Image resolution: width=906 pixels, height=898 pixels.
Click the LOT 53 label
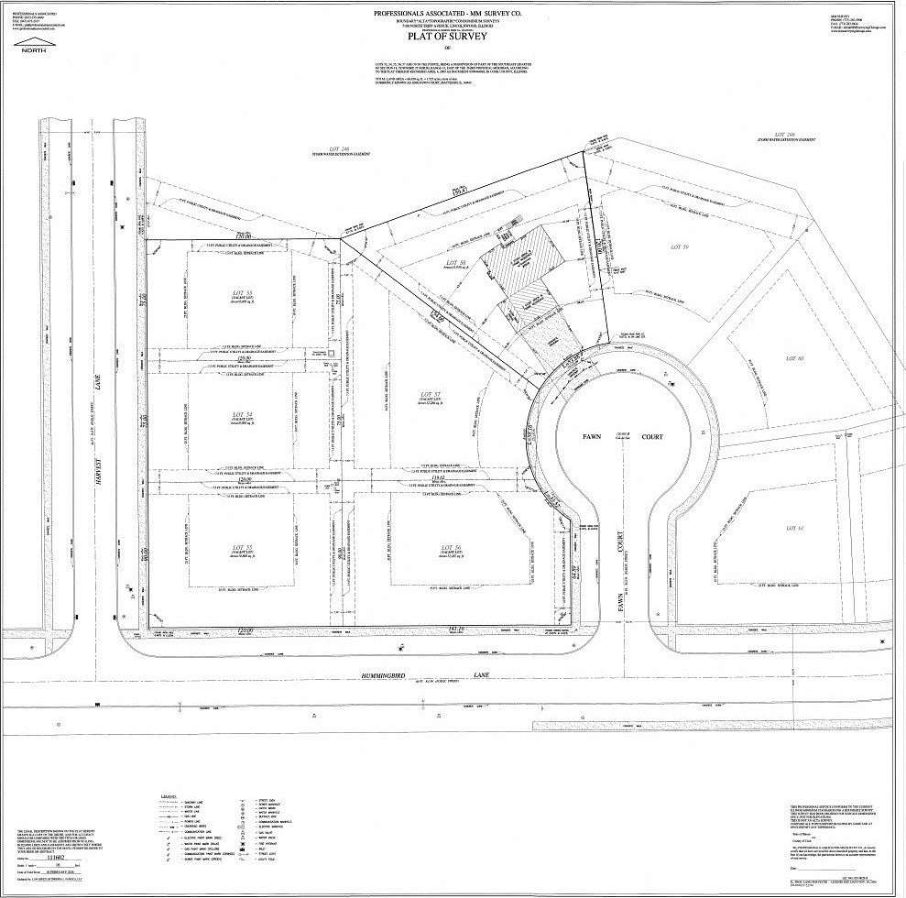click(x=242, y=294)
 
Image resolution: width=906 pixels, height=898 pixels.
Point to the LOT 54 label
click(x=242, y=414)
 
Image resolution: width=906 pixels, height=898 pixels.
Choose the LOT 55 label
click(x=242, y=548)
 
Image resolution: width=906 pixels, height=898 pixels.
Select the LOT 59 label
click(x=679, y=246)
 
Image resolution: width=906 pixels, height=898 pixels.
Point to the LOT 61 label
click(x=793, y=528)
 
